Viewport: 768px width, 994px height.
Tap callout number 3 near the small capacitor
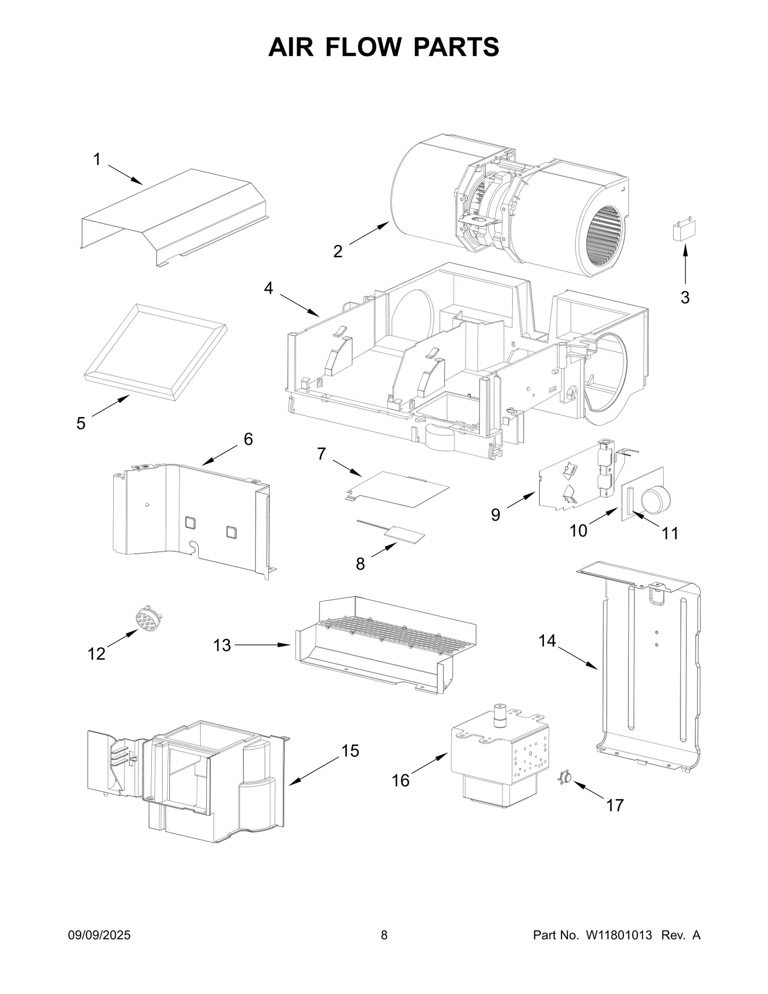[685, 298]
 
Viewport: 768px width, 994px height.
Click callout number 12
[96, 653]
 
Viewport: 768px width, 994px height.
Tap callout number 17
[615, 805]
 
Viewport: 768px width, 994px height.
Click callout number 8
[360, 564]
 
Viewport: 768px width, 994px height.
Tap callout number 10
[578, 530]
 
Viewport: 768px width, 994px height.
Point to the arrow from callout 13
[262, 646]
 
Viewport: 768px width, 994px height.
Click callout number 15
[350, 751]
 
